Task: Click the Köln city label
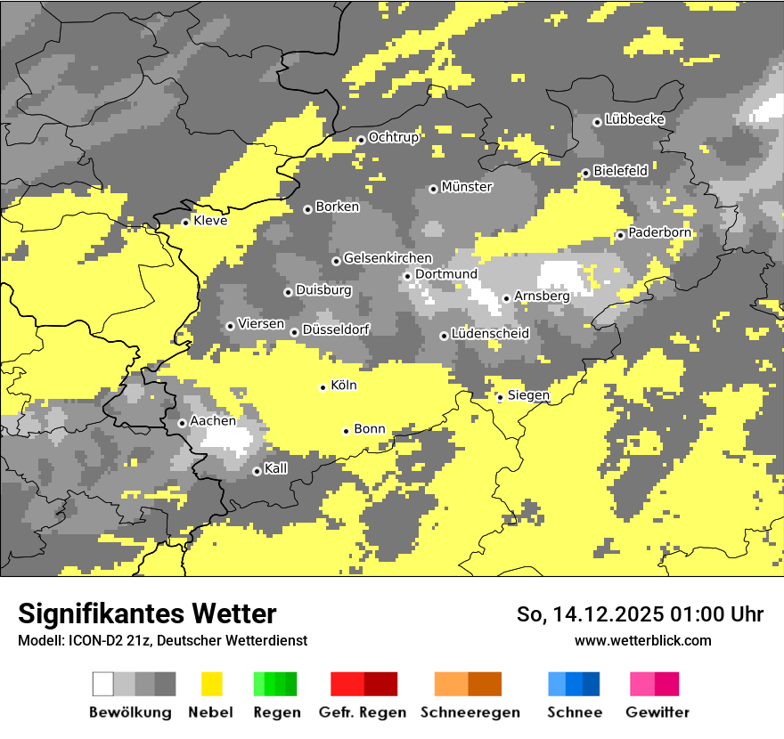pos(343,386)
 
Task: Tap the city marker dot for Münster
pos(433,189)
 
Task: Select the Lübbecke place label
pos(634,119)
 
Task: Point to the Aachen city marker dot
pos(182,423)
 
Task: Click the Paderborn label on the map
pos(659,232)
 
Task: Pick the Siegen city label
pos(528,395)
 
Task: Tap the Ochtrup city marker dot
pos(361,139)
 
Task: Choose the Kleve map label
pos(210,221)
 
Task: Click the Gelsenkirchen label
pos(388,258)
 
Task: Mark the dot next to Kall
pos(257,471)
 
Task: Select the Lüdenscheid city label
pos(490,334)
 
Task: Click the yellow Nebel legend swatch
pos(211,684)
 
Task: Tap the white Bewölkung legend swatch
pos(103,684)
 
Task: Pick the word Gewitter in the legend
pos(657,712)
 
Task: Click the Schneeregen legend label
pos(470,712)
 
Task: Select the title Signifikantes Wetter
pos(147,613)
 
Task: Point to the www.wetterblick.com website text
pos(642,640)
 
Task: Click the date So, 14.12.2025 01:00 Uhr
pos(640,614)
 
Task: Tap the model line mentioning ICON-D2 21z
pos(162,640)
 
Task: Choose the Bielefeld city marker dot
pos(585,173)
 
